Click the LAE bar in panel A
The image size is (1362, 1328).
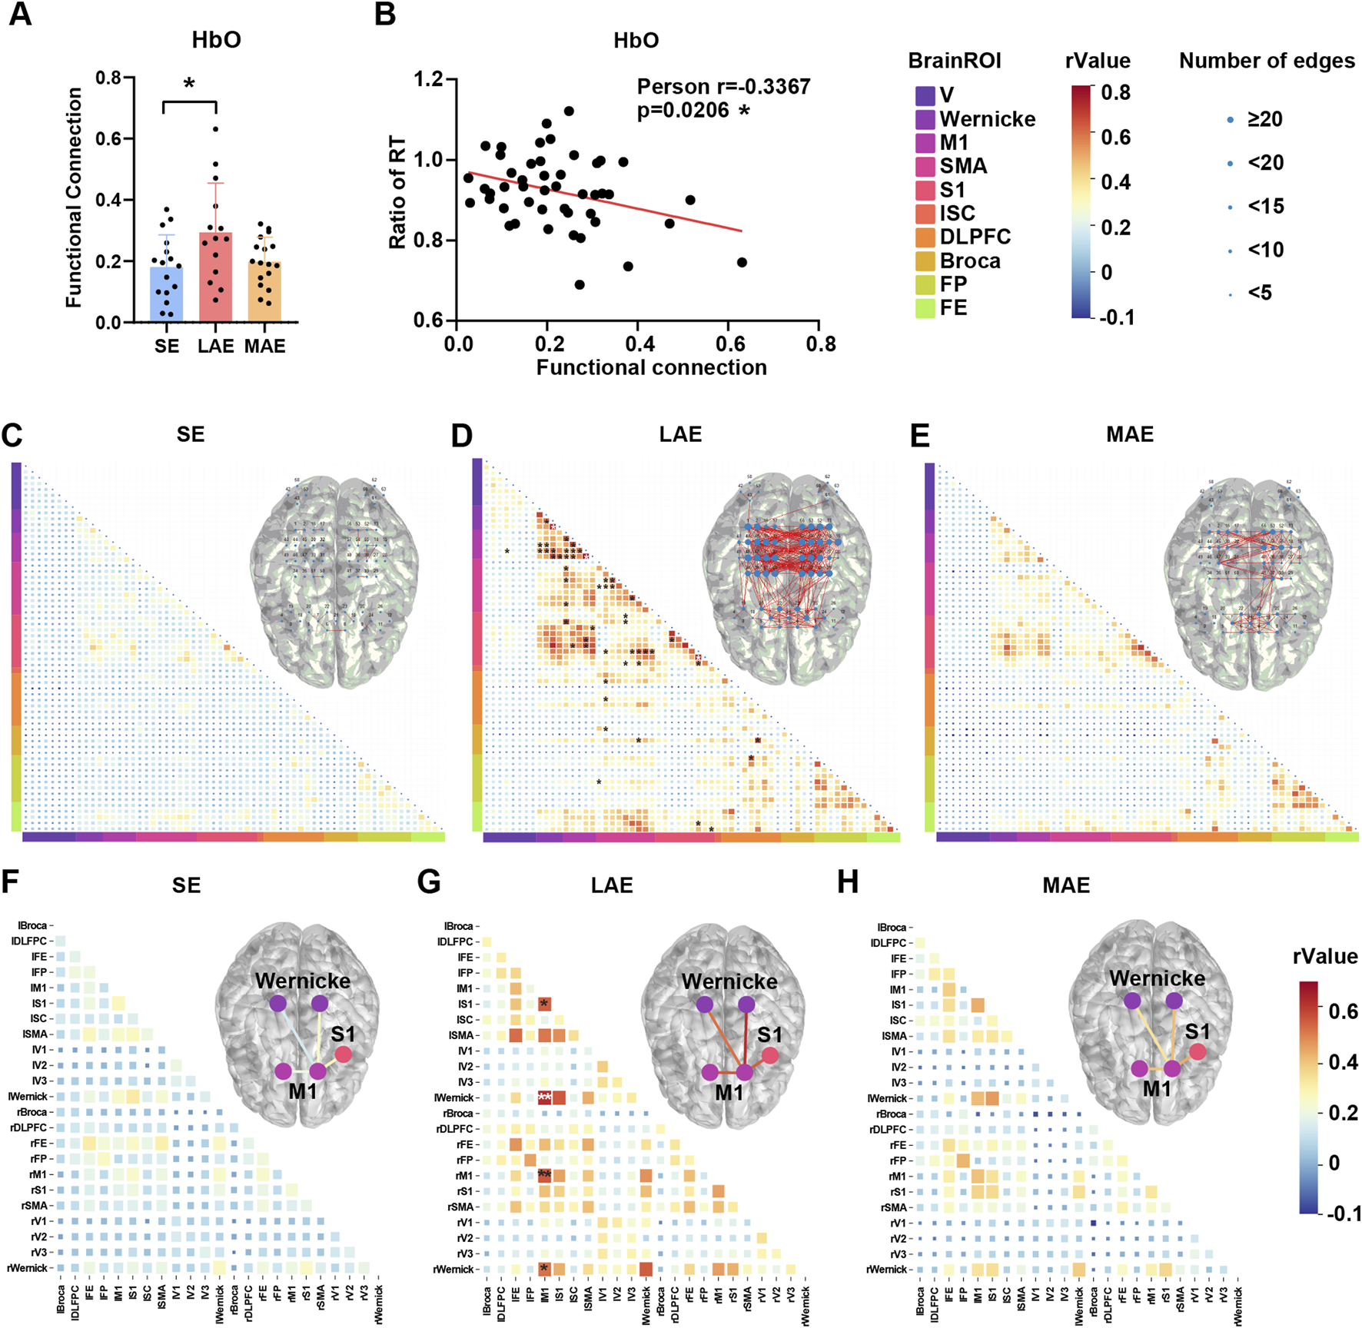[x=216, y=277]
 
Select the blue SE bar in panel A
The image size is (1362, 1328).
[x=166, y=294]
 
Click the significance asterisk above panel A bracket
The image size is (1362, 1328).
[x=189, y=84]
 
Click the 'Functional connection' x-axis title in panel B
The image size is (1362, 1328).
[x=651, y=368]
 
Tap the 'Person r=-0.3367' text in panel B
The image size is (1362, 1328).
[x=723, y=86]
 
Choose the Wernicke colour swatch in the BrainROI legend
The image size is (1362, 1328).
[x=925, y=119]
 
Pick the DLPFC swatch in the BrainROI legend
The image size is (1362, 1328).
[x=925, y=237]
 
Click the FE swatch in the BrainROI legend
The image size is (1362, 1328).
[x=925, y=307]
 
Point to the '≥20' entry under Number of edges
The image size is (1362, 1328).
[x=1264, y=119]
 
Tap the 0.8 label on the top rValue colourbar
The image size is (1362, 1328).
[x=1115, y=93]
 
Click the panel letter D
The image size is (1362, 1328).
[x=462, y=436]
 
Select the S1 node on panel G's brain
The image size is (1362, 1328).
[x=770, y=1055]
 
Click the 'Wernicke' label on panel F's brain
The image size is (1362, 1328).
[x=302, y=981]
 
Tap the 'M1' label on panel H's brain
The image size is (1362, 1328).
[x=1156, y=1088]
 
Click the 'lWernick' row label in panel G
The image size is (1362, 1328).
[x=456, y=1097]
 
